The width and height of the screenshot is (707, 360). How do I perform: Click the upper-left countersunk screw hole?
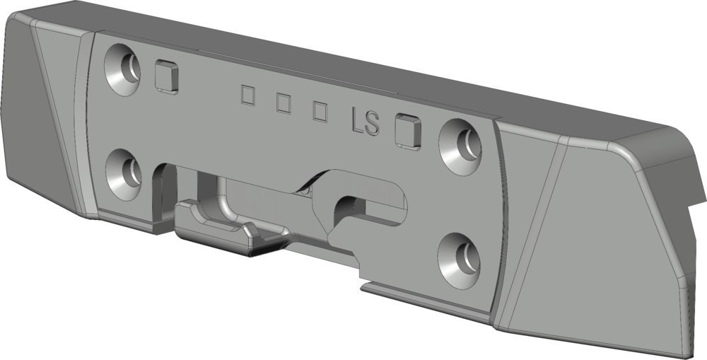(x=122, y=69)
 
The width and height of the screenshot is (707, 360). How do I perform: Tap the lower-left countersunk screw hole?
(x=124, y=174)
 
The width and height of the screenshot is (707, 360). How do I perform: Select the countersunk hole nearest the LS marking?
(x=460, y=146)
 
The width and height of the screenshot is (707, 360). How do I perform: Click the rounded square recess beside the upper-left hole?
(x=166, y=77)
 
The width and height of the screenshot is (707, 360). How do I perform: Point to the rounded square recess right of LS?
(x=408, y=132)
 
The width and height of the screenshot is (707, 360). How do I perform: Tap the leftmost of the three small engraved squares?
(x=248, y=95)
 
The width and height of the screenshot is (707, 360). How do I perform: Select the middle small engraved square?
(x=284, y=103)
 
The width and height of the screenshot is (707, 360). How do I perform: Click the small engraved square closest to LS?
(x=320, y=112)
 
